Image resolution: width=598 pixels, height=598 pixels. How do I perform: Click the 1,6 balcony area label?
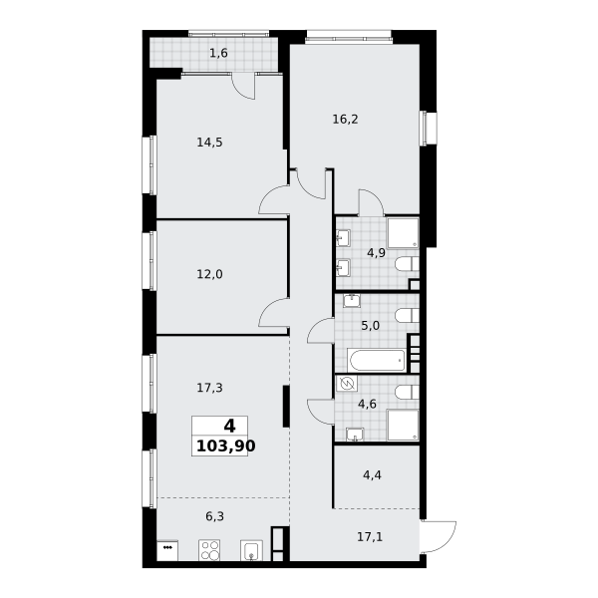pos(218,53)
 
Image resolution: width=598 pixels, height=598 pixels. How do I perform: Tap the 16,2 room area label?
pos(345,120)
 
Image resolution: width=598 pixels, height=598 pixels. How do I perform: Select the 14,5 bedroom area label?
pos(209,143)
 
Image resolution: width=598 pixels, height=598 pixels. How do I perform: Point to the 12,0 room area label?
pos(209,274)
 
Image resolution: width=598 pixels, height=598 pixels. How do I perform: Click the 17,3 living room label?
pos(209,388)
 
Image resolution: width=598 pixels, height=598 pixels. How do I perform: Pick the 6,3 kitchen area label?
pos(214,516)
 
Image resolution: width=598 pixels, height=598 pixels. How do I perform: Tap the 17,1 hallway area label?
pos(370,537)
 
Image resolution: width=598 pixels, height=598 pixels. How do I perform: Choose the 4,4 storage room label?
pos(372,475)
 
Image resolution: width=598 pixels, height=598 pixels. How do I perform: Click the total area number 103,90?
pos(226,446)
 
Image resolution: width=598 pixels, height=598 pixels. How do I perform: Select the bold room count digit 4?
pos(229,426)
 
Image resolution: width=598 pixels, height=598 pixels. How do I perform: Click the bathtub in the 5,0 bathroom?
pos(377,360)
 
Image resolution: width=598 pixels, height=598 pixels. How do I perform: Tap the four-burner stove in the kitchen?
pos(209,550)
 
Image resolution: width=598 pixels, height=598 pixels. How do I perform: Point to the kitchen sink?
pos(251,550)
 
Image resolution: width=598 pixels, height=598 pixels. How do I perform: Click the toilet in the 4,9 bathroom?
pos(407,264)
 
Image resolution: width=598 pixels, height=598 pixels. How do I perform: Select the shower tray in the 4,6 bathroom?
pos(403,425)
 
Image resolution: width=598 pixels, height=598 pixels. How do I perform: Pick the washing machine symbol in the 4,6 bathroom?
pos(347,384)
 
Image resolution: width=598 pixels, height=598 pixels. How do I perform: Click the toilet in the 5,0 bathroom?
pos(407,315)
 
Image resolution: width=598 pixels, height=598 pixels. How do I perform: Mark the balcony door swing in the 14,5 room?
pos(244,87)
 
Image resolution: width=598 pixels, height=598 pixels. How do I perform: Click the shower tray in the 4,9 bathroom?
pos(403,233)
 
